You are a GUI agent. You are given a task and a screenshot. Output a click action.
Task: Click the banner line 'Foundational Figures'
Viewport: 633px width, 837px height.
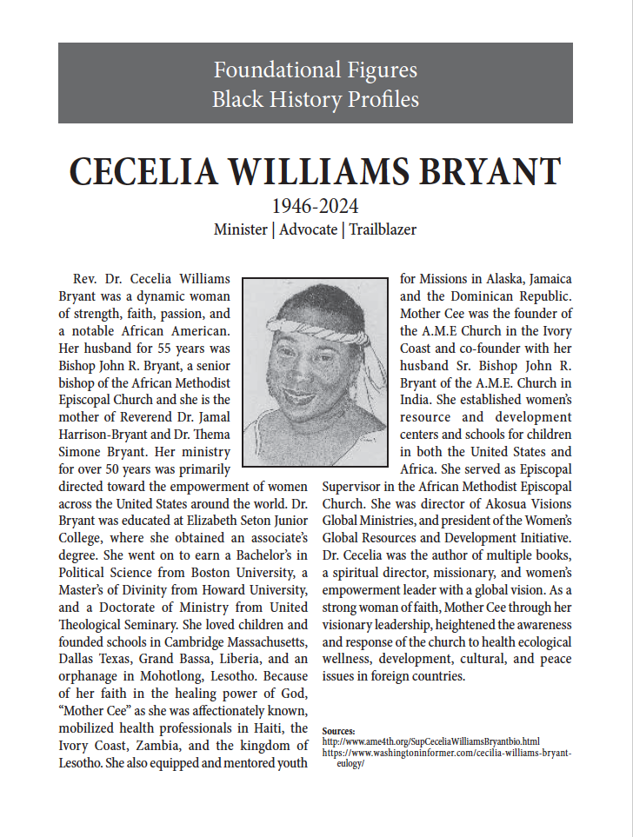(x=316, y=70)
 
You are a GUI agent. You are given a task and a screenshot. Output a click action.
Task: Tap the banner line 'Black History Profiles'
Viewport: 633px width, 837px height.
(x=316, y=99)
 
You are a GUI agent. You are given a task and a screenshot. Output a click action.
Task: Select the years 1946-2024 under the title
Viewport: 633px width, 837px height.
(x=316, y=207)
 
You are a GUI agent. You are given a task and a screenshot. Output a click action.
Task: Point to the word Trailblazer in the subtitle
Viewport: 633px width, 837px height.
(x=383, y=230)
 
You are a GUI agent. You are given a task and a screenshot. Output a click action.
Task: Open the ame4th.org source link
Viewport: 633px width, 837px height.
(x=431, y=742)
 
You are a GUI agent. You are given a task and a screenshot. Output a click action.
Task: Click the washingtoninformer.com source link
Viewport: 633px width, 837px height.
(x=447, y=753)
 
